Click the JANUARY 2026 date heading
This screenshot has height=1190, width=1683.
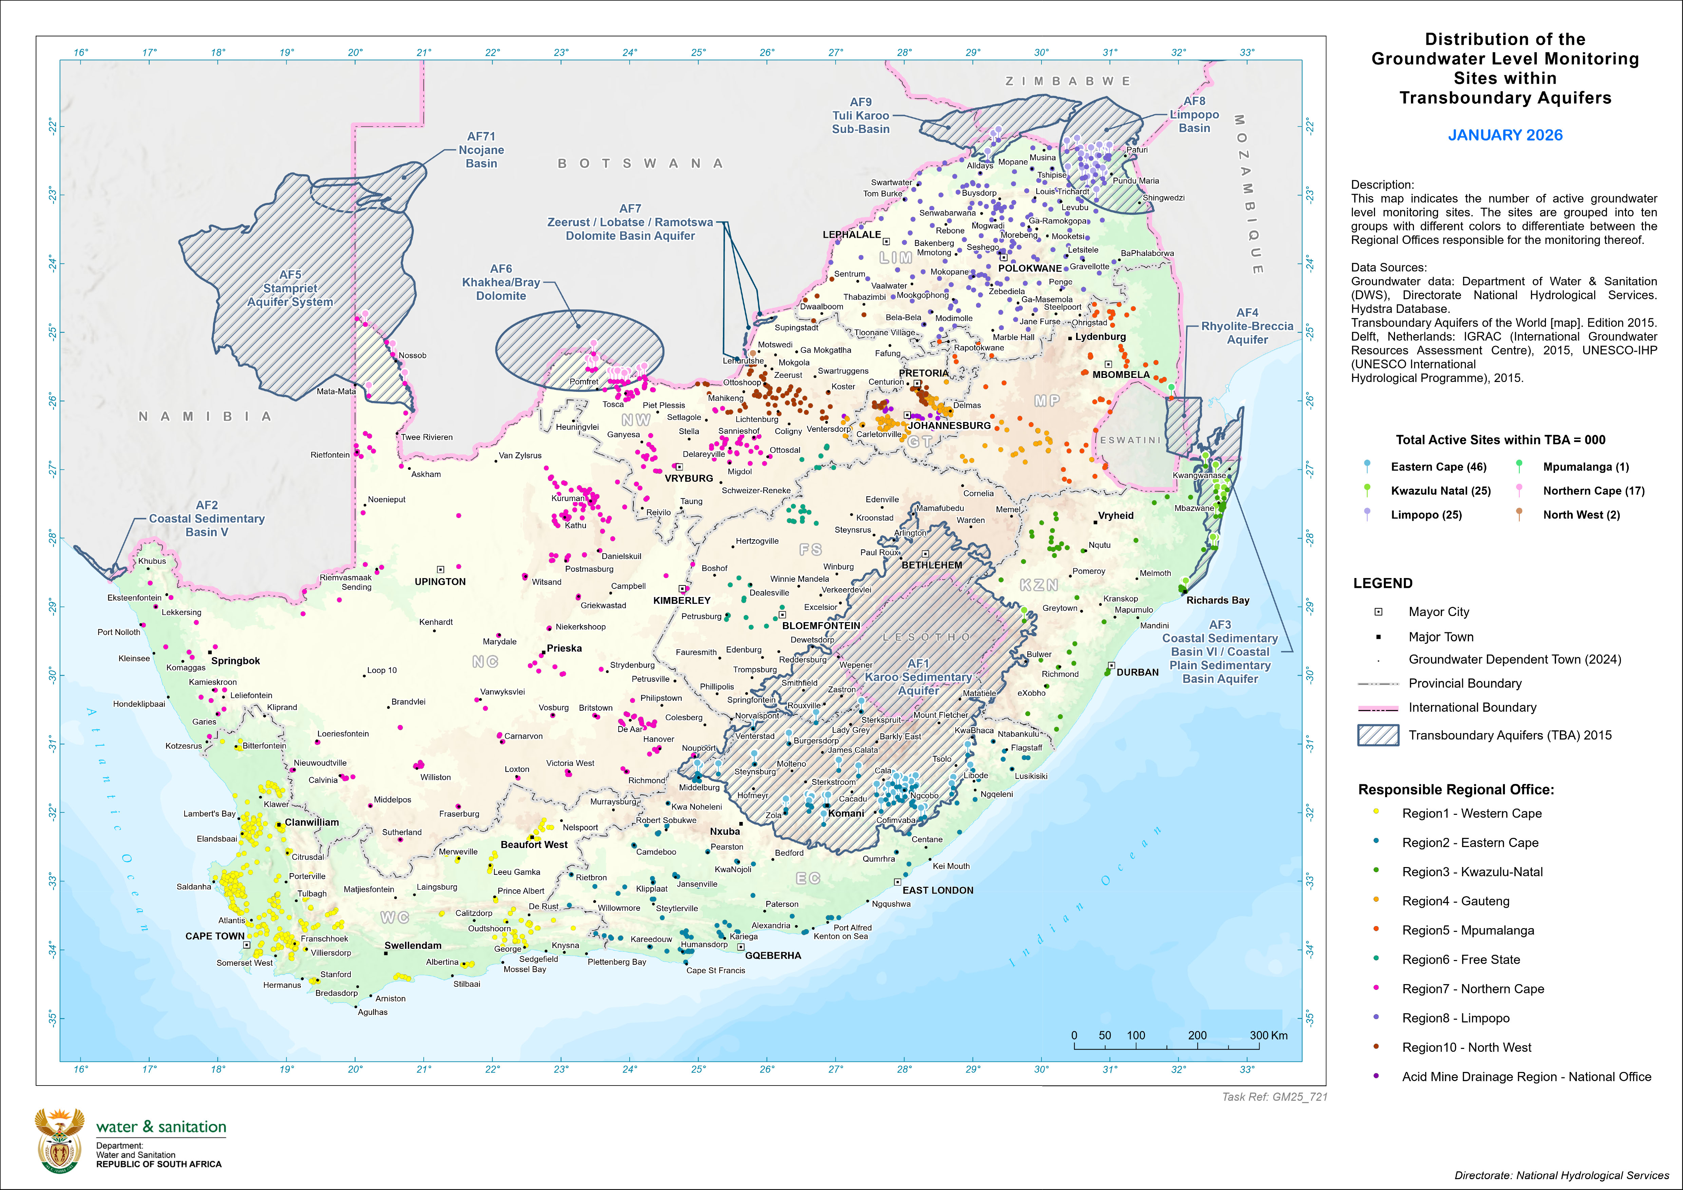click(x=1505, y=135)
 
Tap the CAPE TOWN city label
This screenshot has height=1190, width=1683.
click(x=215, y=936)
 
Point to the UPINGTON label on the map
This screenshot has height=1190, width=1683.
click(x=440, y=582)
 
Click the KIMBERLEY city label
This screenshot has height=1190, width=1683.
click(x=682, y=600)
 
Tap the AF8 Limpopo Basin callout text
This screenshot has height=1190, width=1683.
click(x=1194, y=114)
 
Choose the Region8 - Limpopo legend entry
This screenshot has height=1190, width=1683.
click(x=1455, y=1018)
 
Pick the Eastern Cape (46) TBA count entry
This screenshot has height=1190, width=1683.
click(x=1438, y=467)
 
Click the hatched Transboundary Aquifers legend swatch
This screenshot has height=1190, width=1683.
click(x=1378, y=735)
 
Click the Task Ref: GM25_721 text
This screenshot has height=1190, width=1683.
click(x=1274, y=1097)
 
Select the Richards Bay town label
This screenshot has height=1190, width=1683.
click(x=1218, y=600)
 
